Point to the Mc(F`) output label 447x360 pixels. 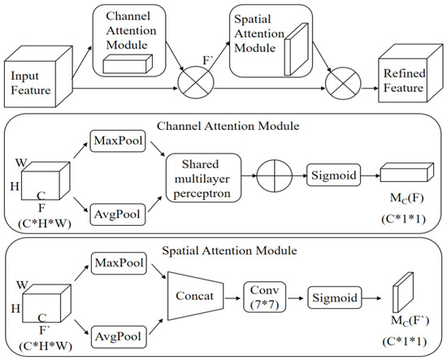point(405,321)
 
